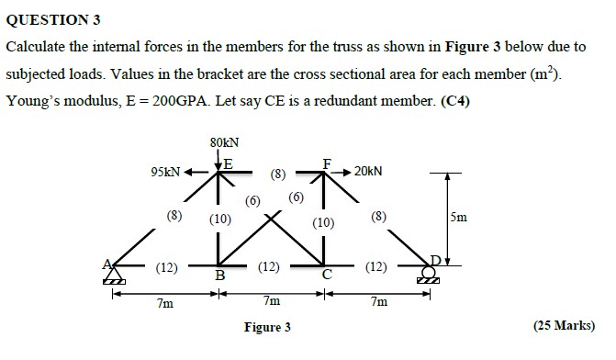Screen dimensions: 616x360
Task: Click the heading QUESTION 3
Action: pyautogui.click(x=52, y=19)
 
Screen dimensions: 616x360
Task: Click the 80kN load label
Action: pyautogui.click(x=224, y=142)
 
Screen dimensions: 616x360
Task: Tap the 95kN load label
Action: pyautogui.click(x=166, y=172)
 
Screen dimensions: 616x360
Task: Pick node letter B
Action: pyautogui.click(x=219, y=275)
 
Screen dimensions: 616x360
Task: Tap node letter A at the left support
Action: pyautogui.click(x=107, y=264)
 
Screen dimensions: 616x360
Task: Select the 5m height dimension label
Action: pyautogui.click(x=459, y=218)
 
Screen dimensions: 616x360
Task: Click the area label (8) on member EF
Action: pyautogui.click(x=278, y=172)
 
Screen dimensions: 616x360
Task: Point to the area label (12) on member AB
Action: pyautogui.click(x=166, y=267)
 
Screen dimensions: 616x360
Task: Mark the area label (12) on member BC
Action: pyautogui.click(x=269, y=267)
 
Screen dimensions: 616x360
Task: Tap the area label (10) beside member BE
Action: pyautogui.click(x=219, y=219)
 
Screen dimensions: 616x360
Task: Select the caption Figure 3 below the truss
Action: pyautogui.click(x=267, y=327)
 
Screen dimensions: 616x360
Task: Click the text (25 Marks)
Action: pyautogui.click(x=564, y=325)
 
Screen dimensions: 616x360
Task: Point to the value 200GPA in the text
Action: pyautogui.click(x=165, y=101)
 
